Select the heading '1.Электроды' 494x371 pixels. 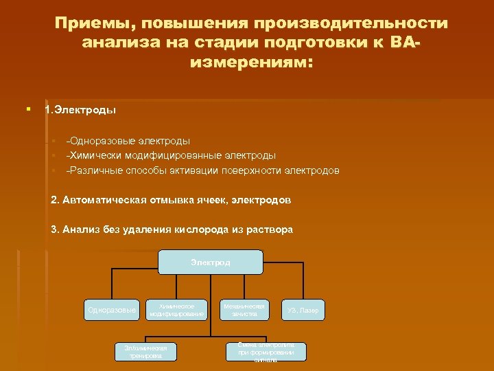[x=80, y=109]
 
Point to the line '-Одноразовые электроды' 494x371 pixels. [x=128, y=140]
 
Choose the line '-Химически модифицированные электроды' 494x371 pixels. [x=171, y=155]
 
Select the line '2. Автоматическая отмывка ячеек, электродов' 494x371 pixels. [x=171, y=200]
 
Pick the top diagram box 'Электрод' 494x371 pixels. [x=211, y=262]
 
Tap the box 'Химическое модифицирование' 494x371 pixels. [x=177, y=310]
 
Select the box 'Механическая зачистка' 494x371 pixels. [x=244, y=310]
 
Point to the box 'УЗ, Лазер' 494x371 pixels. [x=303, y=311]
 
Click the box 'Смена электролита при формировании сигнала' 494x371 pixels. [x=266, y=352]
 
